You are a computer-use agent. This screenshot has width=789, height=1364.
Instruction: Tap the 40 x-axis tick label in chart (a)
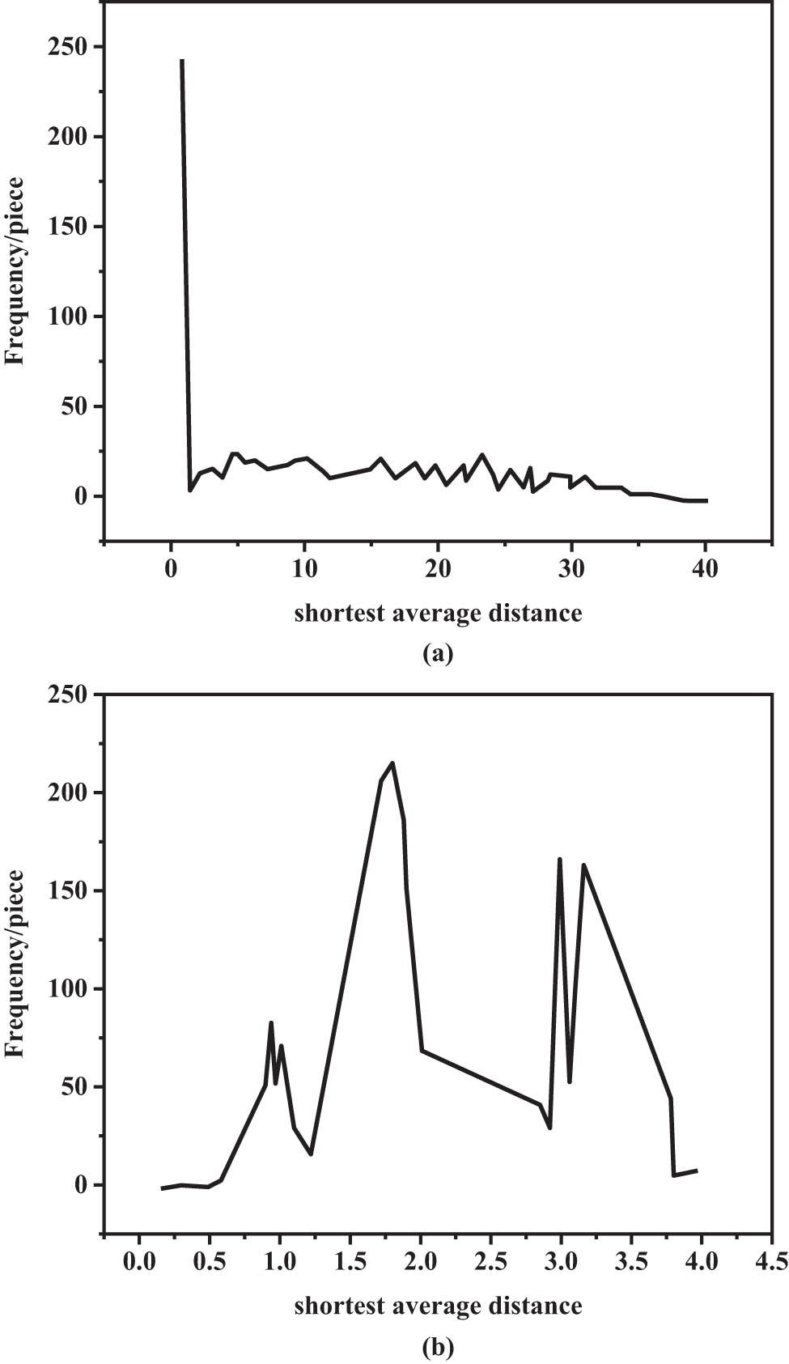(705, 569)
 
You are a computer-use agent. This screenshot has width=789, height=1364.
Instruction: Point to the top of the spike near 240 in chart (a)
(182, 61)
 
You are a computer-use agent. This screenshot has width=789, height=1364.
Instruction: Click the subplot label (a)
(438, 653)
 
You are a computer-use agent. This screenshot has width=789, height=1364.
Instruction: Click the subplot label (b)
(438, 1347)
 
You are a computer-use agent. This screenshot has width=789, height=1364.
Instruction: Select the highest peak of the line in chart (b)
(392, 763)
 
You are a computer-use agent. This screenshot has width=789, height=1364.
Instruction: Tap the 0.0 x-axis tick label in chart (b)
(139, 1262)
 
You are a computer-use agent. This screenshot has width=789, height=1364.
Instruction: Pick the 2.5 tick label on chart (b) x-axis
(490, 1262)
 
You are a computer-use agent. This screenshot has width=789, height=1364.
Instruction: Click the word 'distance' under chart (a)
(535, 613)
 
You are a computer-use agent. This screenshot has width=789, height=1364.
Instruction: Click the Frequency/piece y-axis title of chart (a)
(15, 271)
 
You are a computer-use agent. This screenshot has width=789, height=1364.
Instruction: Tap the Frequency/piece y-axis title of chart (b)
(15, 963)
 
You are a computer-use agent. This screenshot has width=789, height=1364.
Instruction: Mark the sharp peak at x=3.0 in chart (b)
(559, 859)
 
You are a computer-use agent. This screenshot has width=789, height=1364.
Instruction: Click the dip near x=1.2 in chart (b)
(311, 1154)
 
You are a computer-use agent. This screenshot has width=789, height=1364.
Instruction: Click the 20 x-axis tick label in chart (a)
(438, 569)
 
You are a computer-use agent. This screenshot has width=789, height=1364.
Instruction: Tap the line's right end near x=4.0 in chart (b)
(696, 1171)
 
